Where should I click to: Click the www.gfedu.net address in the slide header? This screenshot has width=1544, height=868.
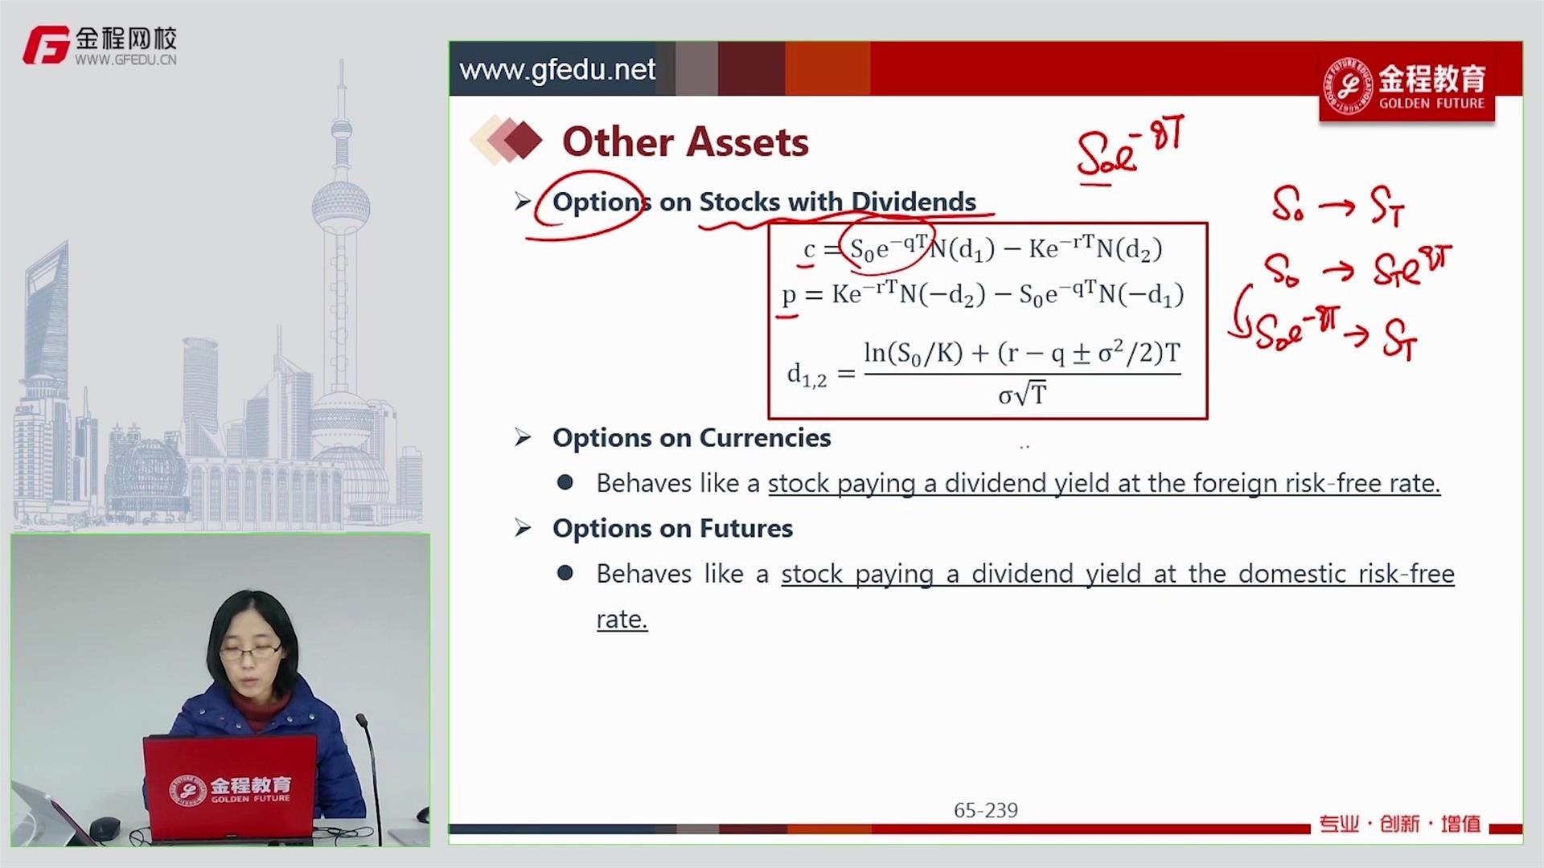click(x=557, y=70)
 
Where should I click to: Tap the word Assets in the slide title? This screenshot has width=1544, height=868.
click(x=747, y=142)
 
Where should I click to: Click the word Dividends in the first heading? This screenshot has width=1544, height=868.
click(x=914, y=202)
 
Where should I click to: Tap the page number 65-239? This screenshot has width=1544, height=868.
click(x=986, y=810)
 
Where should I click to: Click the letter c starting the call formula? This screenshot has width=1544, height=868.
click(x=809, y=250)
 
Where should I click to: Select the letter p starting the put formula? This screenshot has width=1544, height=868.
click(x=789, y=296)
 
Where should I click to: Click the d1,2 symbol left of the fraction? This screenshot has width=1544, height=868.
click(x=807, y=375)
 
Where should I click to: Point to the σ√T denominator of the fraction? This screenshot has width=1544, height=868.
click(x=1022, y=395)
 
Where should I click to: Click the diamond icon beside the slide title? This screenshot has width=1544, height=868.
click(x=507, y=141)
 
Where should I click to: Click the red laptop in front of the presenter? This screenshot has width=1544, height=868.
click(x=230, y=787)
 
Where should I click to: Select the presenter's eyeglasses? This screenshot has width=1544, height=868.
click(x=251, y=652)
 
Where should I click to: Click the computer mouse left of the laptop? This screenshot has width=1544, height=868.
click(x=105, y=827)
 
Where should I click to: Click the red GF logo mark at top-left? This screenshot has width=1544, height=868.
click(x=46, y=45)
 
